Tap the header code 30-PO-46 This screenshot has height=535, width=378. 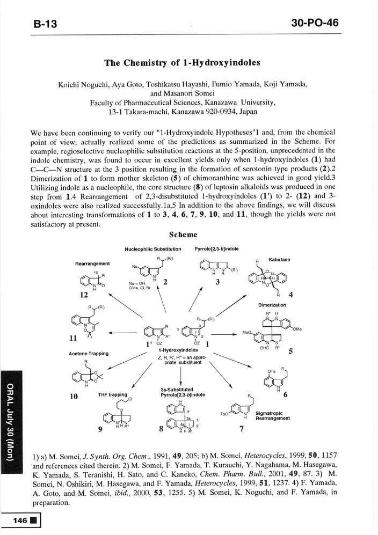tap(316, 23)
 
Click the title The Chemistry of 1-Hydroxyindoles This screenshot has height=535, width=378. tap(182, 62)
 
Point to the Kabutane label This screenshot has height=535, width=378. tap(279, 259)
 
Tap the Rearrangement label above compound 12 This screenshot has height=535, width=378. tap(92, 263)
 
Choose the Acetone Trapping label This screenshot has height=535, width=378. tap(89, 354)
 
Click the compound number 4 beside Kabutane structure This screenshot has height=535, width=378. tap(290, 294)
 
